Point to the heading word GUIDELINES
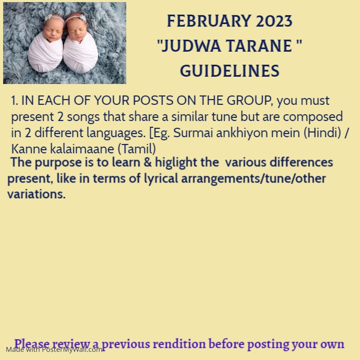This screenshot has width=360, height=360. [230, 71]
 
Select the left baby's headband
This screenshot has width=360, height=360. [53, 18]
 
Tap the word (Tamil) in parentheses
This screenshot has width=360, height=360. [137, 149]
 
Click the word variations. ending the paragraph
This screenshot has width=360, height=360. [37, 195]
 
